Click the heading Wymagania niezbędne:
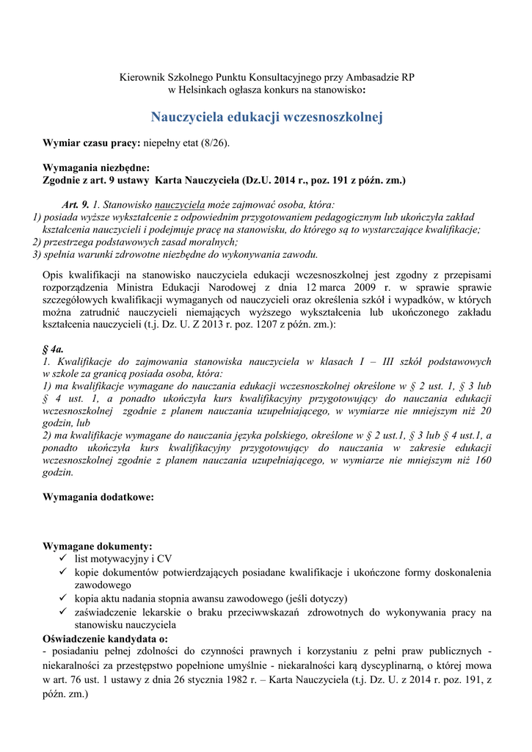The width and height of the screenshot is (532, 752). click(x=96, y=167)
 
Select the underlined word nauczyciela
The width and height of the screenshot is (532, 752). click(x=181, y=204)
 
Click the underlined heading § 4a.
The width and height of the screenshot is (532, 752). click(x=54, y=349)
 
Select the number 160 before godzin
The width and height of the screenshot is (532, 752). click(x=482, y=460)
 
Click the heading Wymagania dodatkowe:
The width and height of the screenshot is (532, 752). click(x=98, y=497)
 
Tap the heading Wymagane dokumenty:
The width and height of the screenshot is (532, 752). click(x=98, y=546)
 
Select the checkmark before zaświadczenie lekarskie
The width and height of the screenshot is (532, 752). click(x=63, y=612)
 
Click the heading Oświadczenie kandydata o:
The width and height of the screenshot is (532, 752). click(x=105, y=638)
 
